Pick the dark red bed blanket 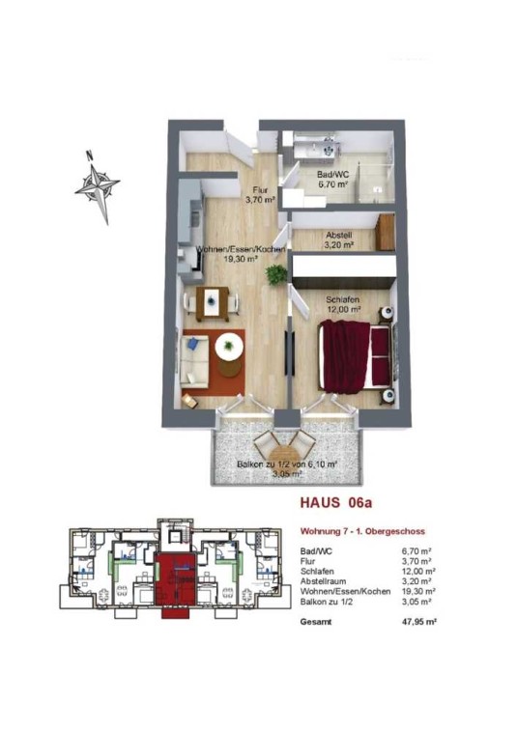point(347,355)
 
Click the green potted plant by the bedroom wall point(275,274)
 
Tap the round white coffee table point(229,347)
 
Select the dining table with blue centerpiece point(213,303)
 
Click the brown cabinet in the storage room point(385,232)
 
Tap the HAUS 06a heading point(336,503)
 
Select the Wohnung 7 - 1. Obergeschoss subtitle point(362,531)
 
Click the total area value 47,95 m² point(416,622)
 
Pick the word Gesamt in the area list point(316,622)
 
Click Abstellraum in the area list point(324,581)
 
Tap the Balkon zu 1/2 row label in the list point(327,602)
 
